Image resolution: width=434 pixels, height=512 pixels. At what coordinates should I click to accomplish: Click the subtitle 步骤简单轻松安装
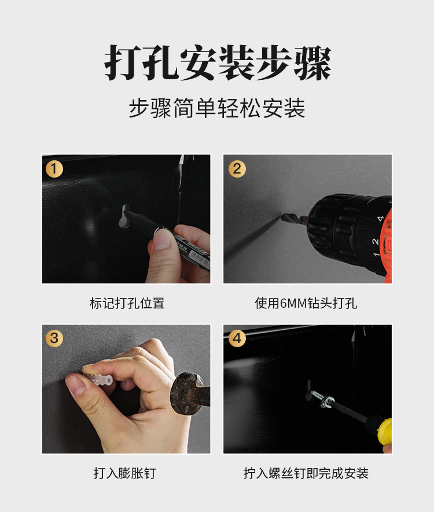[x=217, y=108]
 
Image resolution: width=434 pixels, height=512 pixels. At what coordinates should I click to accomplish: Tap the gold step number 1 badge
[x=54, y=169]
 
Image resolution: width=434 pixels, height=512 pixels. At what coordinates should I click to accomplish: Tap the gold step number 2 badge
[x=236, y=169]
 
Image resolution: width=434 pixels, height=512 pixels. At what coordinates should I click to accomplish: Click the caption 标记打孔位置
[x=127, y=303]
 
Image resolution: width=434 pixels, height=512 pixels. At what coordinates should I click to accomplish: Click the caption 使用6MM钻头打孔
[x=306, y=303]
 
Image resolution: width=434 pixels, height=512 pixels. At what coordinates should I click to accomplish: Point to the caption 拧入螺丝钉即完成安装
[x=306, y=473]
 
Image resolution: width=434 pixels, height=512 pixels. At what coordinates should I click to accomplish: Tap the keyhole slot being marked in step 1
[x=125, y=216]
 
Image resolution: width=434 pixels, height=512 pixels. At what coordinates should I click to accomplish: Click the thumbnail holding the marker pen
[x=163, y=240]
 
